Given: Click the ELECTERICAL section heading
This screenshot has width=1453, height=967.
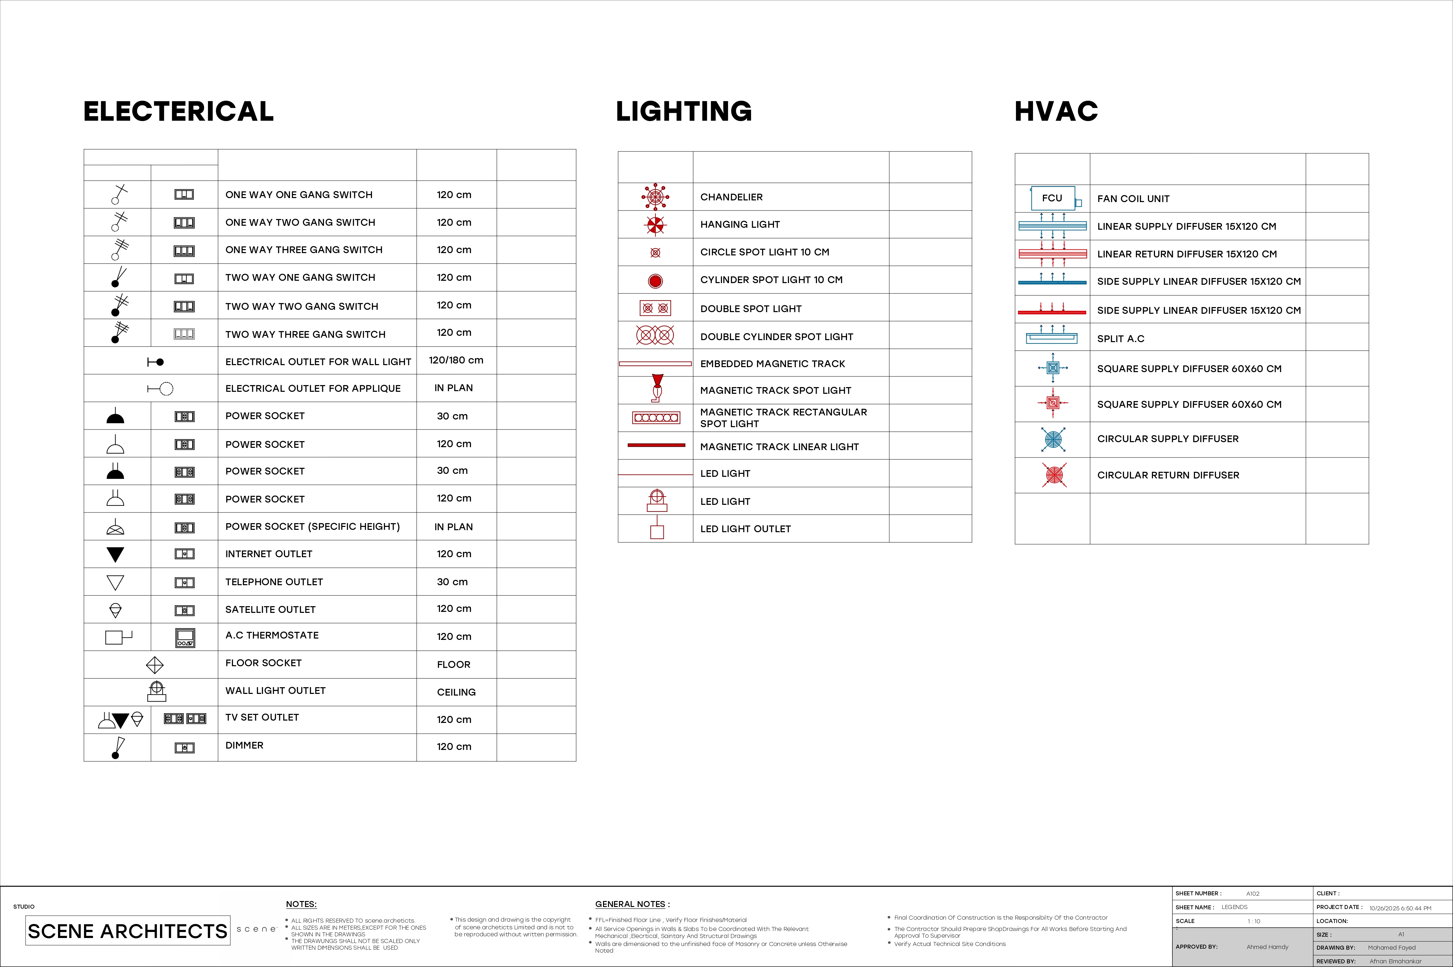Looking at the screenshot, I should coord(178,112).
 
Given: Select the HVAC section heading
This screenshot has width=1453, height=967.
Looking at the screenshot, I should coord(1056,112).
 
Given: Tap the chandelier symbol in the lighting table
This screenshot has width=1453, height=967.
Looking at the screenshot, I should coord(655,197).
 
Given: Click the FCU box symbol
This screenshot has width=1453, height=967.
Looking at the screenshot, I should coord(1052,198).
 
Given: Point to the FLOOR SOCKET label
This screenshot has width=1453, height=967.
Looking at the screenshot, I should coord(263,663).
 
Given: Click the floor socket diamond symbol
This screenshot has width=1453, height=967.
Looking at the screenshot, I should coord(155,665).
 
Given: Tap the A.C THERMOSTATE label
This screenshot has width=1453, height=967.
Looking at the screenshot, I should coord(272,635).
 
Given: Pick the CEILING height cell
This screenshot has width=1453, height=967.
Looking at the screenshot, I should coord(456,692).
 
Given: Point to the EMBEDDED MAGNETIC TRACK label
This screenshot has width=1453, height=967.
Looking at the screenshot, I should coord(772,364).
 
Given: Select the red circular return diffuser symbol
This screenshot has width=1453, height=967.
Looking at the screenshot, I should coord(1054,475).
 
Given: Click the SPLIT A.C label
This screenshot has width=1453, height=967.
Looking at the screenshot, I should coord(1120,338).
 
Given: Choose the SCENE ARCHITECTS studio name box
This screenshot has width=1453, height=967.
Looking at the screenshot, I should coord(128,931).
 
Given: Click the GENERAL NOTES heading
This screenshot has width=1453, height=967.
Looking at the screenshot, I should coord(632,904).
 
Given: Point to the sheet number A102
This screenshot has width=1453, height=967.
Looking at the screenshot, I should coord(1253,894).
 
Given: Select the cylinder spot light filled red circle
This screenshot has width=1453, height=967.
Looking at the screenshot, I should coord(655,281).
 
